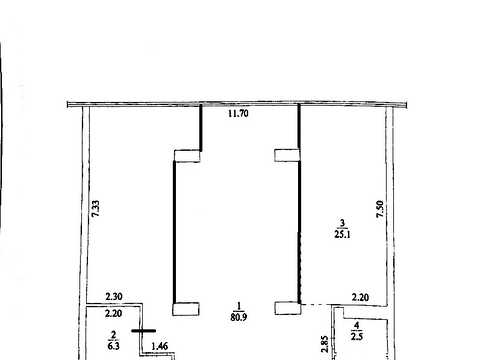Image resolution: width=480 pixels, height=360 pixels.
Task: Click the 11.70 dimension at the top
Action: [238, 113]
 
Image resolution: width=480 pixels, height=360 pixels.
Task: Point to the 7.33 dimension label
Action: [96, 209]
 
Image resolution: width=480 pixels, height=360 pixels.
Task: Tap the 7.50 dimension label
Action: [380, 209]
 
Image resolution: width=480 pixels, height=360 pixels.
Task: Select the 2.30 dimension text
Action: [114, 296]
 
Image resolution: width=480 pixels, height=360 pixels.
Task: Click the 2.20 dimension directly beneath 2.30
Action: [113, 313]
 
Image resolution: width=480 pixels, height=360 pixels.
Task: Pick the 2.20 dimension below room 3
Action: [360, 297]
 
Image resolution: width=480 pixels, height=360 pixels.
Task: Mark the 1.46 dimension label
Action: [159, 346]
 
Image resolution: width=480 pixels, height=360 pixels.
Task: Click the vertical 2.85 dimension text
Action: [325, 344]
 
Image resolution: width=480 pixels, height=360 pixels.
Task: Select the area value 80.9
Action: [239, 317]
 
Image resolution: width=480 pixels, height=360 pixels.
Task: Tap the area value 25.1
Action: [342, 234]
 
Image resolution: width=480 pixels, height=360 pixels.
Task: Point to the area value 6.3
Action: [113, 346]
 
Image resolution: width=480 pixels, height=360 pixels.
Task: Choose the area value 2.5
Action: [357, 336]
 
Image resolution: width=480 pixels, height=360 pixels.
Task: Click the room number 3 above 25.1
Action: [342, 223]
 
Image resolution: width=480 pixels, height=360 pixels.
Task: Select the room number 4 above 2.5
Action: [357, 325]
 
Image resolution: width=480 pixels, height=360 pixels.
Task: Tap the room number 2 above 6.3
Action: [114, 335]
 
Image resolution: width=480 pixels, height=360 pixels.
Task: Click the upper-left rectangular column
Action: [187, 156]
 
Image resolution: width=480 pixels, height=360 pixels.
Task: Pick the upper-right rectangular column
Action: [287, 155]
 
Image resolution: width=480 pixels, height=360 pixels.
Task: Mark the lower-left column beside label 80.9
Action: [186, 309]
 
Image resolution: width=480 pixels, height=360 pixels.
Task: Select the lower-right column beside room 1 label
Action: [288, 308]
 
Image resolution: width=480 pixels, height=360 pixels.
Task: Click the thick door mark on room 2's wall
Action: [143, 331]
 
